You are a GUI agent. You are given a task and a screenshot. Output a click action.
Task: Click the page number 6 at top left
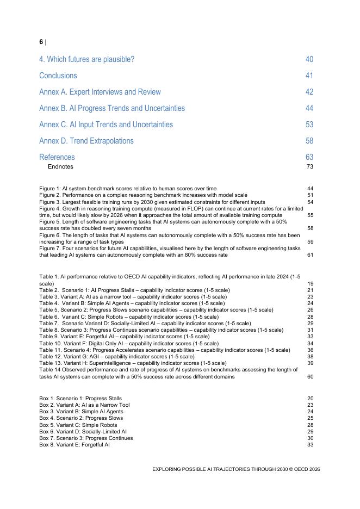point(41,42)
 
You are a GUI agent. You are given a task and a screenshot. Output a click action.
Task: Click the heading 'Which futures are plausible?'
point(86,59)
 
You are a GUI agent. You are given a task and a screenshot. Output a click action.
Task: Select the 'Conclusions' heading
point(58,76)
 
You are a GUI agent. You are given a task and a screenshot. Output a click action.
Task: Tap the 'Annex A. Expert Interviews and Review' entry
point(100,92)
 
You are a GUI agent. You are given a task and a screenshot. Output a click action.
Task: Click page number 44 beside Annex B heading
point(309,108)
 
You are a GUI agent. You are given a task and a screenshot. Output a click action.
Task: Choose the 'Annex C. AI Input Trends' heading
point(106,125)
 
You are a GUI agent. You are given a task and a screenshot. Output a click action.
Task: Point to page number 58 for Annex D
point(309,141)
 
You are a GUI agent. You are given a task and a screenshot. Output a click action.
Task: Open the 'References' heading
point(57,157)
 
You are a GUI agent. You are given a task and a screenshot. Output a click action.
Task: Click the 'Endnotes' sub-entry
point(60,166)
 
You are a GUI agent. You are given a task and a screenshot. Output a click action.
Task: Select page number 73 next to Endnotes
point(309,166)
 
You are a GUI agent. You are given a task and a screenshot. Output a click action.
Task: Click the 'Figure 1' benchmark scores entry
point(127,189)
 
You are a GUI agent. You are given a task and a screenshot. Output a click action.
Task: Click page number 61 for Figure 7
point(310,254)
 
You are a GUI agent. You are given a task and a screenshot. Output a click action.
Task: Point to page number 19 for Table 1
point(310,283)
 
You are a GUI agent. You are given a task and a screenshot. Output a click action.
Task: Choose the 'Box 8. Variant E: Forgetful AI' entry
point(75,444)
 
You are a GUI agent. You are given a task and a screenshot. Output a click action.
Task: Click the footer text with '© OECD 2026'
point(236,468)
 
